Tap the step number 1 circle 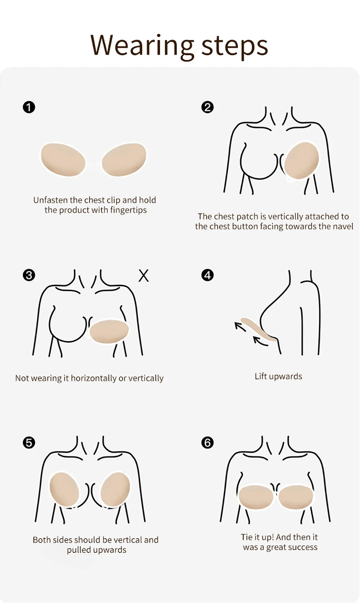click(x=29, y=107)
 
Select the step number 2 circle click(x=207, y=107)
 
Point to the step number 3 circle click(x=29, y=275)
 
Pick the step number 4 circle click(x=207, y=275)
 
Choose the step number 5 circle click(x=29, y=443)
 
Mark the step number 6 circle click(x=207, y=443)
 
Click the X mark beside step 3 click(x=143, y=276)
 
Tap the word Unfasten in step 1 click(x=50, y=200)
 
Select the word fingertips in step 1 click(x=130, y=211)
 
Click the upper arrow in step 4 click(x=240, y=326)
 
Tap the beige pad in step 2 click(x=302, y=161)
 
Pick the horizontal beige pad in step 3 click(x=109, y=331)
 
